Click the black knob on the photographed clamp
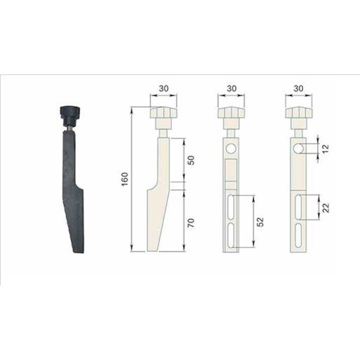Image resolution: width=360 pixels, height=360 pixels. [x=70, y=116]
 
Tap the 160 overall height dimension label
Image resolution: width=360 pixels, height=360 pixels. [x=125, y=179]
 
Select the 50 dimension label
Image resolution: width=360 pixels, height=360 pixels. [x=191, y=161]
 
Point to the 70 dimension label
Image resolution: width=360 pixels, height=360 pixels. [x=191, y=223]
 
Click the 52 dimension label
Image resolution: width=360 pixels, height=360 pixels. [x=260, y=222]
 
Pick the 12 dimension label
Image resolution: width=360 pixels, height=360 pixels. [x=326, y=149]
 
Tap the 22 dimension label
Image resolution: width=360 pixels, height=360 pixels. [x=326, y=208]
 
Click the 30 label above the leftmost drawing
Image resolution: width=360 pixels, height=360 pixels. [x=164, y=88]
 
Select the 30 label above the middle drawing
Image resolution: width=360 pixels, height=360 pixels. [x=232, y=88]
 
